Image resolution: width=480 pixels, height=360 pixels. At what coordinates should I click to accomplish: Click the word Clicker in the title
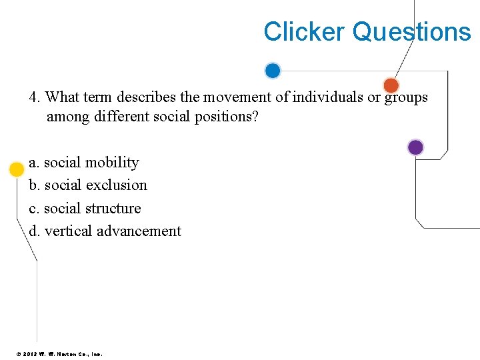click(x=304, y=31)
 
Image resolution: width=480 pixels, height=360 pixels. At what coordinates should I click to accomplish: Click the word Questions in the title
click(x=411, y=31)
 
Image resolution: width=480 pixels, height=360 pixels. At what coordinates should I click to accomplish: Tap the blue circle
click(x=273, y=71)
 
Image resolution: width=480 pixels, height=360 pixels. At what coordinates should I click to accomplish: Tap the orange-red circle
click(x=391, y=85)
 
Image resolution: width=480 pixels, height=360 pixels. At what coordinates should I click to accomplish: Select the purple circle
click(x=415, y=147)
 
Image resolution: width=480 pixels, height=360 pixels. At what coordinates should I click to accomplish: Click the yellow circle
click(x=17, y=169)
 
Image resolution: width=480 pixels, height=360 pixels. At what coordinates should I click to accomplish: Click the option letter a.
click(x=33, y=163)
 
